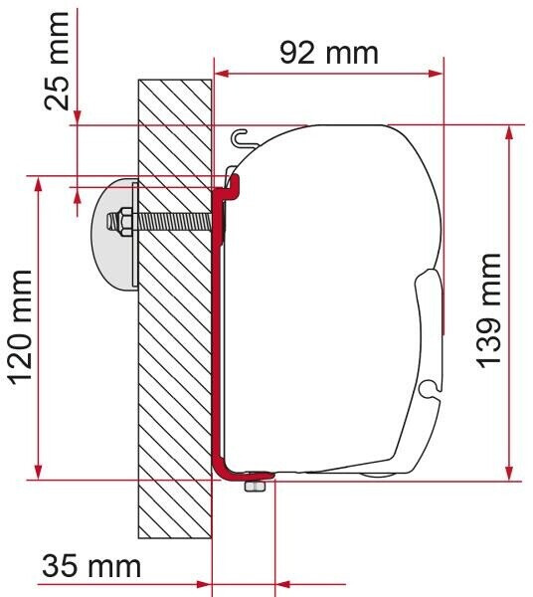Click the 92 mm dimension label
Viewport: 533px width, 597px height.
[x=329, y=53]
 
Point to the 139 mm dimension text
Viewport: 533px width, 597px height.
[x=489, y=309]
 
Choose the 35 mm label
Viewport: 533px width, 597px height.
[x=91, y=567]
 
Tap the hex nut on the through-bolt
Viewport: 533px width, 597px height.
[x=123, y=221]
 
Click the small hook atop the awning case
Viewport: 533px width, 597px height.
[x=239, y=137]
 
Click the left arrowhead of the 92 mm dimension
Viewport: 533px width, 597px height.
[x=222, y=73]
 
